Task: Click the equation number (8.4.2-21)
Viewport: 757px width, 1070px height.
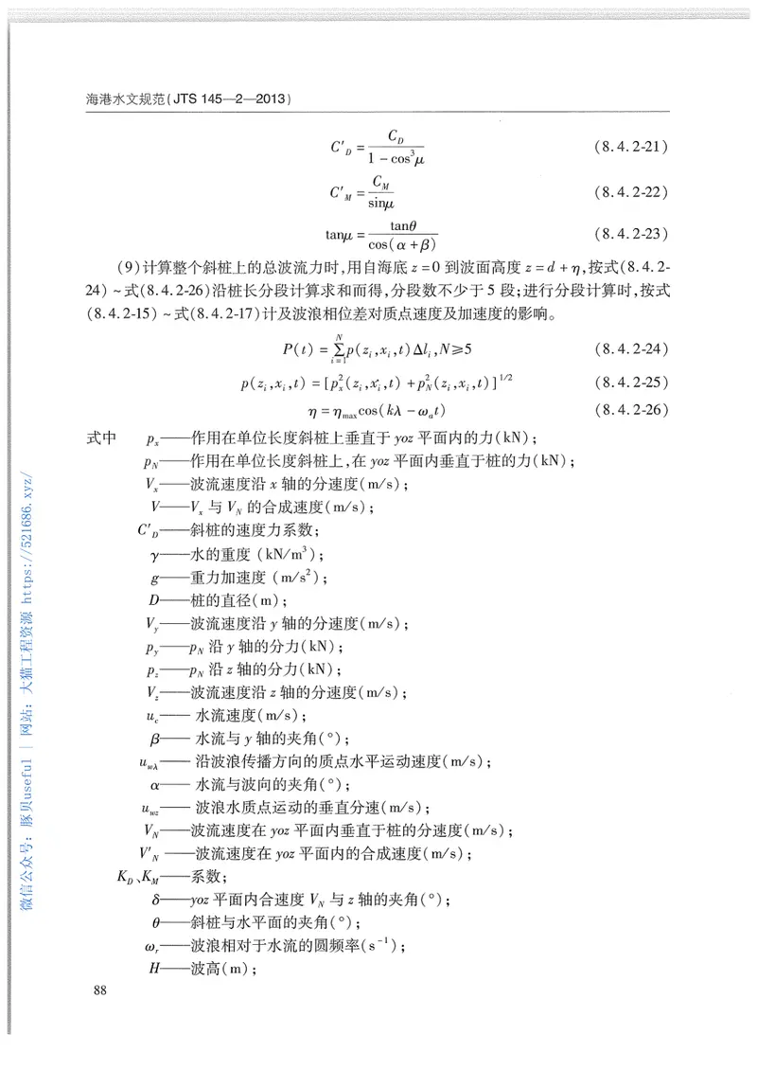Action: (632, 147)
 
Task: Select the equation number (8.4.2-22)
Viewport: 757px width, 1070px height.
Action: (632, 192)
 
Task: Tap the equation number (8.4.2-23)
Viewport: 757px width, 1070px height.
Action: (632, 233)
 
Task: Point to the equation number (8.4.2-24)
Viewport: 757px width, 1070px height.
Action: (632, 348)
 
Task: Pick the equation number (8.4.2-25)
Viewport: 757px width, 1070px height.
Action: (632, 382)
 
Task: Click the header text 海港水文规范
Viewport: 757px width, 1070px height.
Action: (124, 98)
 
